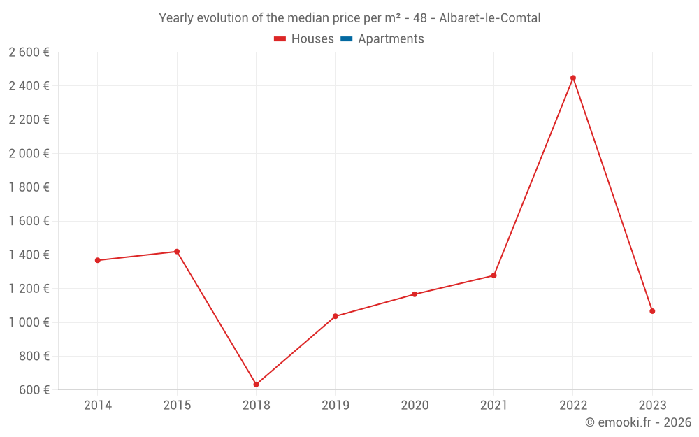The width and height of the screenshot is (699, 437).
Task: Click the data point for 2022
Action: [573, 78]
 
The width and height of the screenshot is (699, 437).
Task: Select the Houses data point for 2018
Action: [256, 385]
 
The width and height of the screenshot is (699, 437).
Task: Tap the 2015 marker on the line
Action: [177, 252]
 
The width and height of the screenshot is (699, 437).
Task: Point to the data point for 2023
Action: [652, 311]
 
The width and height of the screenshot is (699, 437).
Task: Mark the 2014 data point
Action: [98, 260]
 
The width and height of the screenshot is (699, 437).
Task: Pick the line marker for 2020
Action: [415, 294]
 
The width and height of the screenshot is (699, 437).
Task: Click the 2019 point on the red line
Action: [336, 316]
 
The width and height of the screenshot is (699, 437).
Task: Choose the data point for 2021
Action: [493, 275]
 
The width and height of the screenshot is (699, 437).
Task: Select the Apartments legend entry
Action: [391, 39]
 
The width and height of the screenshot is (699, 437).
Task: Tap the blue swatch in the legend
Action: [346, 39]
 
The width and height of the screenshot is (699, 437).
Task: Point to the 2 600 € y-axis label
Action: [29, 52]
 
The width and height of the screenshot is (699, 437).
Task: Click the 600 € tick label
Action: [34, 389]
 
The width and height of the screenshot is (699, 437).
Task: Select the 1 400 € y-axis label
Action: [29, 255]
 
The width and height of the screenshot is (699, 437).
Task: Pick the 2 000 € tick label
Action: [29, 153]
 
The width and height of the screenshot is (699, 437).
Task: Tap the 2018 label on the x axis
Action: [256, 405]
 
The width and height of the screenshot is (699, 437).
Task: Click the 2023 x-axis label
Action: [652, 405]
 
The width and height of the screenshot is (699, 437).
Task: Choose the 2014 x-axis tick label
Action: [98, 405]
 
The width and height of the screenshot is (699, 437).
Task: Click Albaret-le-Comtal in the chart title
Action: [489, 18]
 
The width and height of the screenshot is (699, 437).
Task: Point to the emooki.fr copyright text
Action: [638, 422]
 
